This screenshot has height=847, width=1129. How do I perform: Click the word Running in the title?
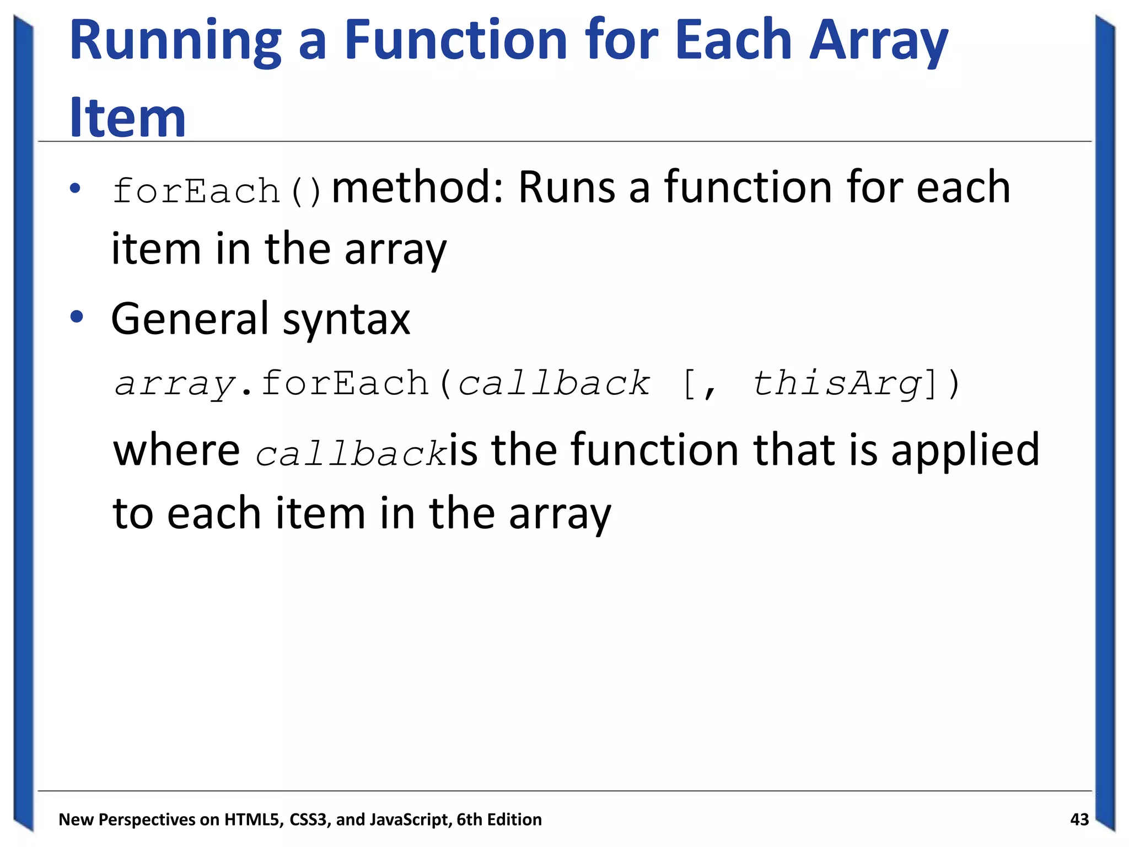pos(175,41)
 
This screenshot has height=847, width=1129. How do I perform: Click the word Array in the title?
pos(878,41)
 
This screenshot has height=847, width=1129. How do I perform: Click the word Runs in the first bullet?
pos(566,187)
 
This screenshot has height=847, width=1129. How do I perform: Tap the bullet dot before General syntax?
pos(76,317)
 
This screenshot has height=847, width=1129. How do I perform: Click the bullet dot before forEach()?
pos(76,189)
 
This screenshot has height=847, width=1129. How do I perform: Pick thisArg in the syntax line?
pos(837,384)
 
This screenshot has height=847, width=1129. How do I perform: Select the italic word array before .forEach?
pos(175,385)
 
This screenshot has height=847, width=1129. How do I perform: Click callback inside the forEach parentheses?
pos(553,384)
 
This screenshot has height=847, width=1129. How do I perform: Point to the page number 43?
pos(1079,819)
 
